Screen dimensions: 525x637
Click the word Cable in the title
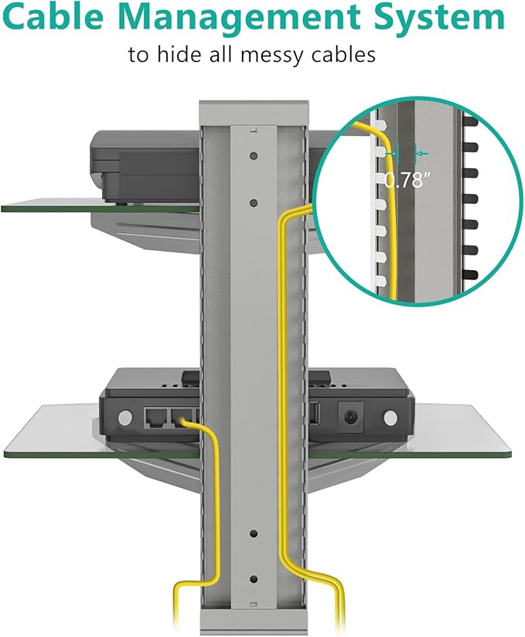tap(59, 17)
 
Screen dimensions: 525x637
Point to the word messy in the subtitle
tap(272, 56)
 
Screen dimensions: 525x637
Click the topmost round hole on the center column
tap(254, 156)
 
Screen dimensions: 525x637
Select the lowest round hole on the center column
tap(254, 579)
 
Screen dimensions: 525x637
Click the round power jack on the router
tap(351, 417)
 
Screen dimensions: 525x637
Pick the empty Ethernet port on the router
tap(155, 417)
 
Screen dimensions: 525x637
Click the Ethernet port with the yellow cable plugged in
tap(182, 417)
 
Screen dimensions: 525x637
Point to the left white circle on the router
tap(124, 417)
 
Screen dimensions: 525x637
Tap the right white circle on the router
tap(390, 418)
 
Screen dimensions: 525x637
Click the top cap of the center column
tap(254, 113)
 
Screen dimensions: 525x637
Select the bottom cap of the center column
tap(254, 621)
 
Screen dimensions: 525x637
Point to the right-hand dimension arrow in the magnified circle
tap(421, 154)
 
